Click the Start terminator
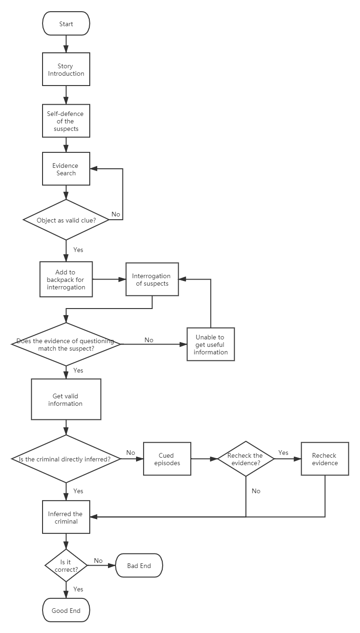[x=66, y=24]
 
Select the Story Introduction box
[x=66, y=69]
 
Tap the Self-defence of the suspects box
[x=66, y=121]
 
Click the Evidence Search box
[x=66, y=169]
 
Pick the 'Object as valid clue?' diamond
[x=66, y=220]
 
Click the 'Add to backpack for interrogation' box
[x=66, y=280]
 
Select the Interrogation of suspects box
[x=152, y=279]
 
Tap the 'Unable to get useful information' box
[x=210, y=345]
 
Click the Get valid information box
[x=66, y=399]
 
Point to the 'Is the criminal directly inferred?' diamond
[x=66, y=459]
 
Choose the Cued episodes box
[x=167, y=459]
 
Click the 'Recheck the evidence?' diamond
[x=245, y=459]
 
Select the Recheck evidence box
[x=324, y=459]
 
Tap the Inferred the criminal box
[x=66, y=517]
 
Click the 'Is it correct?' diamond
[x=66, y=566]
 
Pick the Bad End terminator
[x=139, y=566]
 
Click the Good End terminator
[x=66, y=611]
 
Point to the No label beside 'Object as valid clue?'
[x=116, y=215]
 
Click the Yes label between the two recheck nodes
[x=283, y=453]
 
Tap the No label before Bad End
[x=98, y=561]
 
